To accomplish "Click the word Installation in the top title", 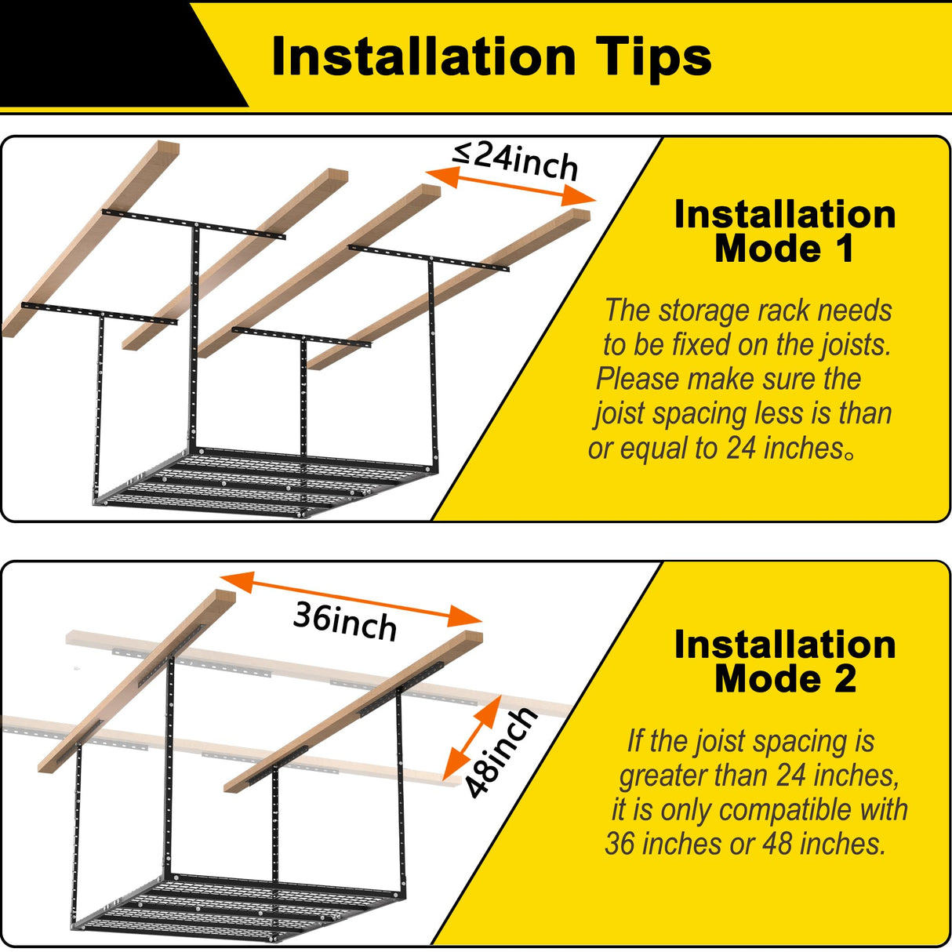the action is [423, 56].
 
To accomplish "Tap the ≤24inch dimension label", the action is [515, 161].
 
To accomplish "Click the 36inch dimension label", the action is [345, 622].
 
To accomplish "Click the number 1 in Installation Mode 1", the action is [845, 249].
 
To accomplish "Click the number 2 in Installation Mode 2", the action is [845, 679].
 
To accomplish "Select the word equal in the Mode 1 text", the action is [653, 449].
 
